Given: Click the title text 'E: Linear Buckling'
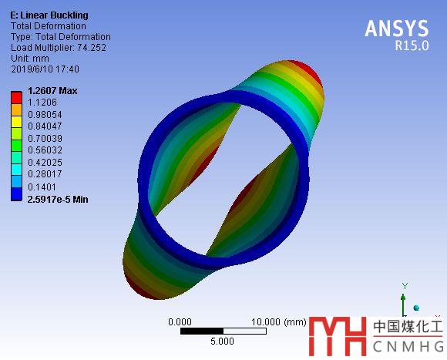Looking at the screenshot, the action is pyautogui.click(x=49, y=15).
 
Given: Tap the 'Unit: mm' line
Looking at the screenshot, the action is pyautogui.click(x=30, y=59).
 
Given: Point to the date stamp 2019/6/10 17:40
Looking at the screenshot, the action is pyautogui.click(x=45, y=69).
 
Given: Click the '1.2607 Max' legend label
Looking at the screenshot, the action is pyautogui.click(x=52, y=91).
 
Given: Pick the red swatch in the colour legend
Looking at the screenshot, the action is pyautogui.click(x=16, y=97).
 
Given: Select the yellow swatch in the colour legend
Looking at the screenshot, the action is pyautogui.click(x=16, y=122).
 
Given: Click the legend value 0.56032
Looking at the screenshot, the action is pyautogui.click(x=45, y=150).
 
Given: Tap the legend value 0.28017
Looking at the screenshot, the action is pyautogui.click(x=45, y=174).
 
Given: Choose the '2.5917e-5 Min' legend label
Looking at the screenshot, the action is pyautogui.click(x=58, y=199).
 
